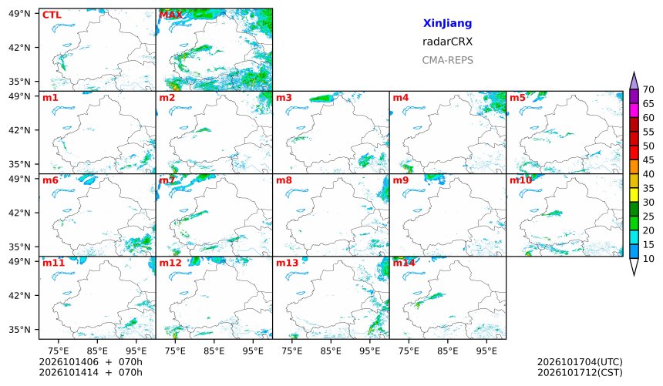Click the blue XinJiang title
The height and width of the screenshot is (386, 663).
click(x=447, y=23)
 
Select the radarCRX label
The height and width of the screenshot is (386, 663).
click(x=447, y=42)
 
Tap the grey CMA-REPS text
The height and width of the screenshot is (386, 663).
click(x=447, y=60)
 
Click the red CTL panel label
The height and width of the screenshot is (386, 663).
click(x=52, y=15)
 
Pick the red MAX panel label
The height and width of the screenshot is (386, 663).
click(x=170, y=15)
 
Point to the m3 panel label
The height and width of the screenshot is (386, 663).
click(x=284, y=98)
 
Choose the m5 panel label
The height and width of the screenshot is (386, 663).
click(x=517, y=98)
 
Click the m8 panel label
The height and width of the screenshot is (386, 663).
click(x=284, y=180)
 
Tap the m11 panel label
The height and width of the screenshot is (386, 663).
click(x=53, y=263)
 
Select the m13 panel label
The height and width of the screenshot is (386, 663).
click(x=287, y=263)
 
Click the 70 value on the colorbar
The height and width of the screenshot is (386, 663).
click(x=648, y=89)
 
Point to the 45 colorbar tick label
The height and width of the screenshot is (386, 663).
click(x=648, y=159)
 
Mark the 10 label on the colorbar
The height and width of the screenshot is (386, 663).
click(x=648, y=259)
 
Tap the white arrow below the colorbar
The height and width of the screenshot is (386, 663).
click(x=634, y=267)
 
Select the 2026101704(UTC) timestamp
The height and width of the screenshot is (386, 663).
click(x=580, y=362)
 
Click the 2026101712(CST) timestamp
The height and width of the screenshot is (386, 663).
click(x=580, y=372)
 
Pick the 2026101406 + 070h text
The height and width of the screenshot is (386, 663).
click(x=90, y=362)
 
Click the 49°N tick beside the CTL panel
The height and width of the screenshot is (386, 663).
click(x=19, y=14)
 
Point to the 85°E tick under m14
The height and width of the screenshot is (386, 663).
click(x=448, y=351)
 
